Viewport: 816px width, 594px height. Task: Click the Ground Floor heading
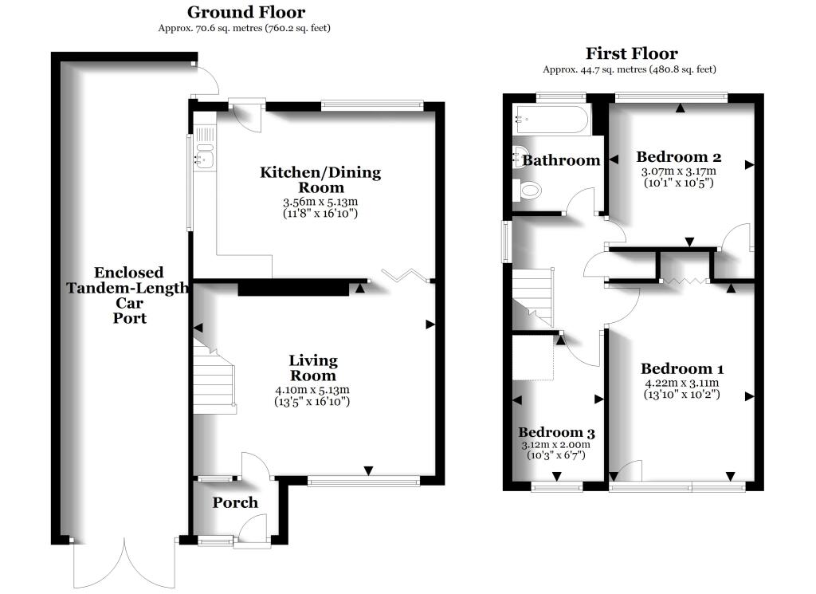point(245,12)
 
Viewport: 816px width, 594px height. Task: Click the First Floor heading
point(631,54)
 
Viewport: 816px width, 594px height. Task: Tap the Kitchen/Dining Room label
point(321,179)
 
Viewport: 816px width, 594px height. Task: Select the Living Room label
point(312,368)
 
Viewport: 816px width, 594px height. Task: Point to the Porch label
point(235,502)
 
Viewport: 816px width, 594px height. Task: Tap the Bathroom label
point(560,160)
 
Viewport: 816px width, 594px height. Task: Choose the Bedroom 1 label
point(682,369)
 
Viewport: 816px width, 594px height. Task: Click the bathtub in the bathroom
point(551,120)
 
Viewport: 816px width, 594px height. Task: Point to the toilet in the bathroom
point(528,190)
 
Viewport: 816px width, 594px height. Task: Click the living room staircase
point(214,379)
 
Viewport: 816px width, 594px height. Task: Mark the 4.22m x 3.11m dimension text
point(681,383)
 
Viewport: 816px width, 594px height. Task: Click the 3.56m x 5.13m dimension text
point(321,202)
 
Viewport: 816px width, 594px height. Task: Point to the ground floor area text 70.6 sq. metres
point(245,28)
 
